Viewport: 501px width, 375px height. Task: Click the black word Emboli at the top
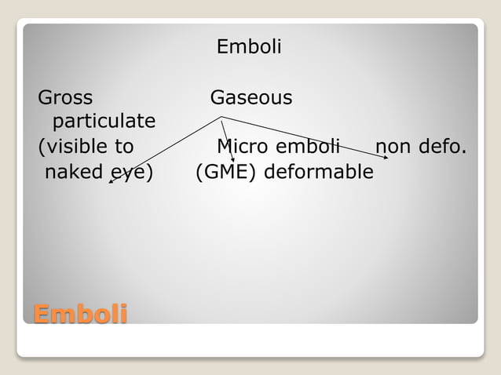249,47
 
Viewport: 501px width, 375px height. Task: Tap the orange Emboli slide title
80,315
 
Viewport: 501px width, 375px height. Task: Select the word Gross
65,98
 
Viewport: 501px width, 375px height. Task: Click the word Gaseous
251,98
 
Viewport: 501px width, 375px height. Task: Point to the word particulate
104,122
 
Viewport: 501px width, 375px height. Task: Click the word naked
74,171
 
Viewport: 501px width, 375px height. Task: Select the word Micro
242,147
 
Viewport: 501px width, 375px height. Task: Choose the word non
397,147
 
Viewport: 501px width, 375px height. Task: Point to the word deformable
319,171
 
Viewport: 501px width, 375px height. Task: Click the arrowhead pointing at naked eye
111,181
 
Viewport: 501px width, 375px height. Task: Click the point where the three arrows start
221,118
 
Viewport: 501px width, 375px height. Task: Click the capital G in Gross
44,98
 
